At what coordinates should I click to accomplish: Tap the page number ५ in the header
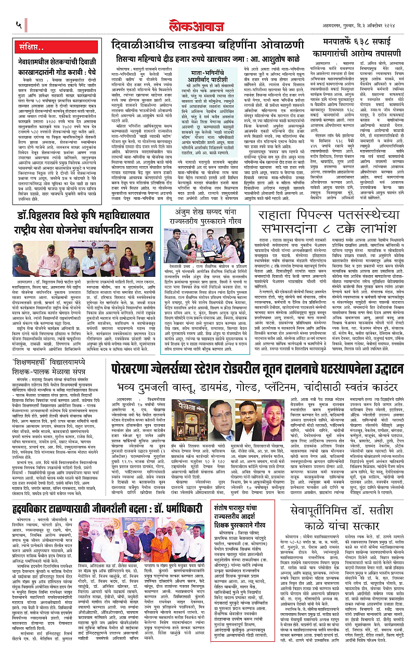click(19, 24)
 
